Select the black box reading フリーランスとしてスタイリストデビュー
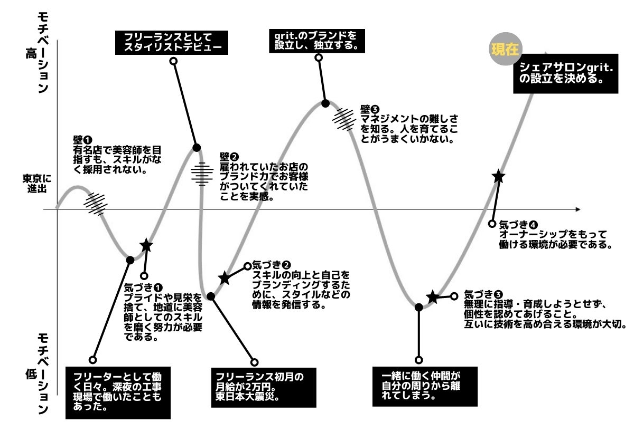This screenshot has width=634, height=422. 167,42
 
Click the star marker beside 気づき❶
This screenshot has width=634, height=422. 146,245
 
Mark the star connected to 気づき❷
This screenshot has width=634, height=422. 225,278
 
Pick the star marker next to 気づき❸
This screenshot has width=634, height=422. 433,298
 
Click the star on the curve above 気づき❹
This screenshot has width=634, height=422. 498,176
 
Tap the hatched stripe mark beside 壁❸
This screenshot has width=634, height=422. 344,119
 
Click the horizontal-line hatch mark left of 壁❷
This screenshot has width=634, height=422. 201,174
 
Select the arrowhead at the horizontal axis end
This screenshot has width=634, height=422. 578,209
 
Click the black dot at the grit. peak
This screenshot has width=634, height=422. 325,103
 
